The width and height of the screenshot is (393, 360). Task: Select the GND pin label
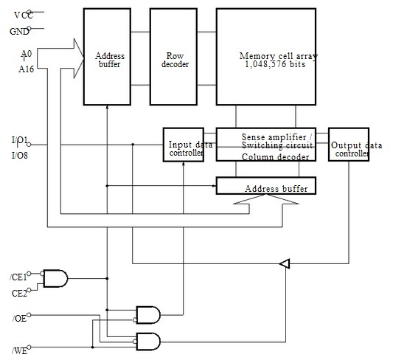click(18, 31)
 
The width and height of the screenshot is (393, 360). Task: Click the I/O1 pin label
click(20, 139)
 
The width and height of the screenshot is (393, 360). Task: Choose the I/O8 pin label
click(20, 154)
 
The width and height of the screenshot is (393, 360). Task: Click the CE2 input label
click(18, 293)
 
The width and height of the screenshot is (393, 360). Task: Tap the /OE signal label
click(20, 318)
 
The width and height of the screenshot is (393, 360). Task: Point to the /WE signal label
click(20, 349)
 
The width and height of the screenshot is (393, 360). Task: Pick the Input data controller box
click(184, 145)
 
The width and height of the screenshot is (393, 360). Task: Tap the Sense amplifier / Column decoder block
click(267, 145)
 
